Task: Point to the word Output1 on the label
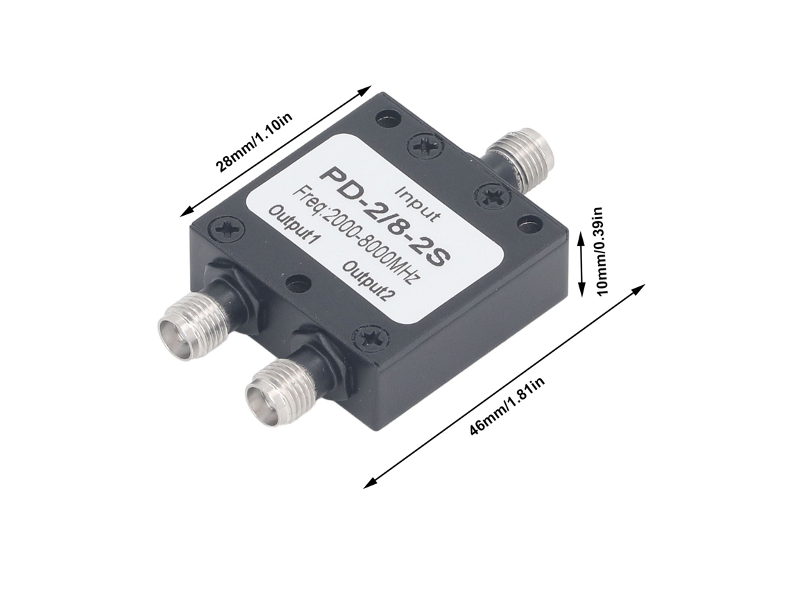(294, 225)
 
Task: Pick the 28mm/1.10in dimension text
(254, 142)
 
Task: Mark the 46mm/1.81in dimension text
(507, 406)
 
